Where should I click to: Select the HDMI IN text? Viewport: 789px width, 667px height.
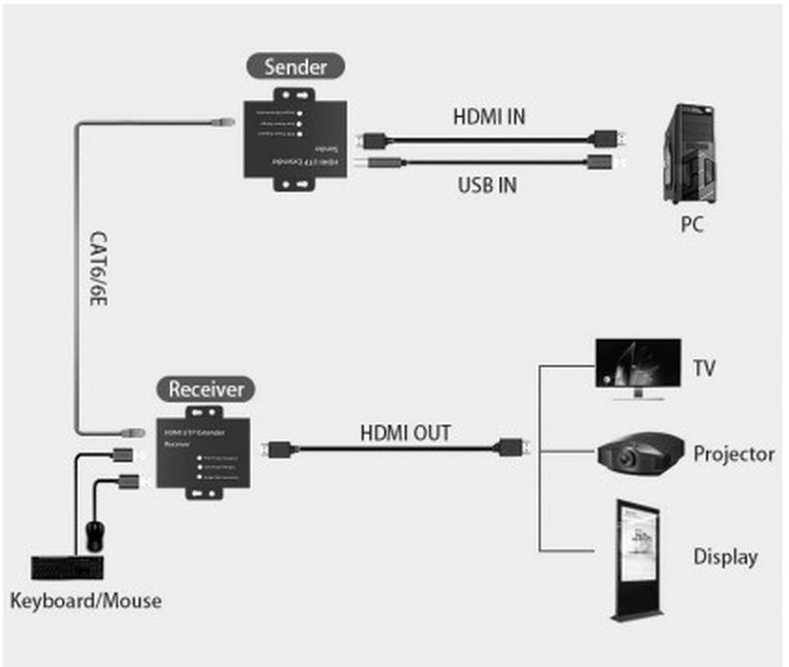tap(489, 116)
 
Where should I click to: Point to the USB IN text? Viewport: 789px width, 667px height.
tap(489, 183)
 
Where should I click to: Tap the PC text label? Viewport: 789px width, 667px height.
tap(693, 224)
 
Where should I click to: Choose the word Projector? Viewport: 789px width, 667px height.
tap(733, 455)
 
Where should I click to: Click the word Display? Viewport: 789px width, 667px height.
tap(725, 557)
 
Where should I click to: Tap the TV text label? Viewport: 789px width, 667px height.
tap(703, 370)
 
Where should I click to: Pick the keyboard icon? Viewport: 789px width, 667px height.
tap(69, 569)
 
